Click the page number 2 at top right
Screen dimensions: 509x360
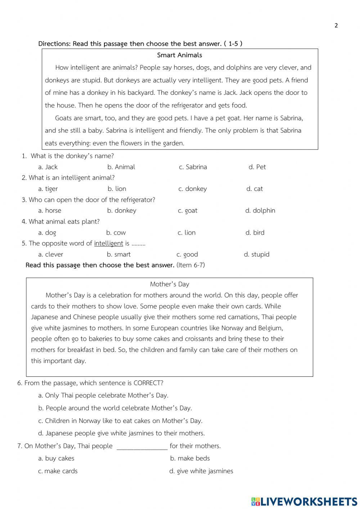[336, 25]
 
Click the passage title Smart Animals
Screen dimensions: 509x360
[179, 55]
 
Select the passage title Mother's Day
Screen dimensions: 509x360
[170, 284]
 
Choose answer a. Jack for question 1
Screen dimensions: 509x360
[48, 167]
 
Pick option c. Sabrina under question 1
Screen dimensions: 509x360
[193, 167]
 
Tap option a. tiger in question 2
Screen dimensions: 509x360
[48, 189]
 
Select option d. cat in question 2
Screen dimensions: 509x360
[255, 189]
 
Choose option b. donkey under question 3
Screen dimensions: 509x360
[122, 211]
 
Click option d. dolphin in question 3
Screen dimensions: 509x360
[260, 211]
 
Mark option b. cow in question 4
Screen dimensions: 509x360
[116, 233]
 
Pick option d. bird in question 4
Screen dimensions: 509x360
[255, 233]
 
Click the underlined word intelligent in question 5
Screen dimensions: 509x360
[108, 244]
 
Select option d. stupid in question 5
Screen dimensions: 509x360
[256, 254]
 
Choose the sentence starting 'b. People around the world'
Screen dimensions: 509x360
[115, 408]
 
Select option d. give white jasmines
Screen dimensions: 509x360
[201, 471]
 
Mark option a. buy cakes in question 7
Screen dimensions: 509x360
[56, 459]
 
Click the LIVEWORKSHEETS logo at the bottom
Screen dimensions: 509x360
[304, 501]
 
